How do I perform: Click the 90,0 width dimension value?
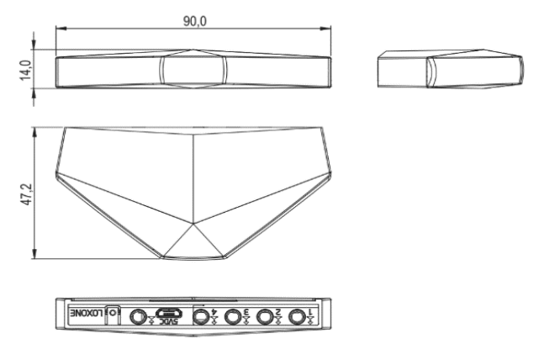point(194,20)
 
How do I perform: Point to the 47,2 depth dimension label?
point(25,193)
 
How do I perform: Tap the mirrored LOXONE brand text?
point(87,315)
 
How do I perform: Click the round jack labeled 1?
point(297,316)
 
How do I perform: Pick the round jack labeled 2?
point(267,316)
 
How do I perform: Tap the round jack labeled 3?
point(234,316)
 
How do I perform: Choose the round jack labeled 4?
point(202,316)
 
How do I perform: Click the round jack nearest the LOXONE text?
point(136,316)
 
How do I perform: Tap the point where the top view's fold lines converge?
point(194,225)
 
